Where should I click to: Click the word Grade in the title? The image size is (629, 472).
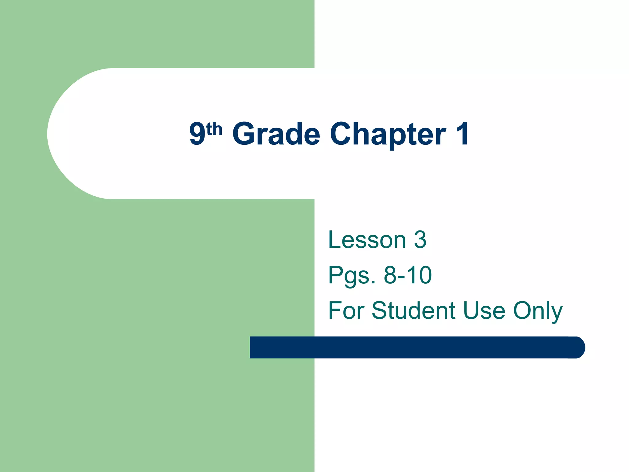(x=276, y=134)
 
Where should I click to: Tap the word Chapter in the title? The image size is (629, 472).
(x=388, y=134)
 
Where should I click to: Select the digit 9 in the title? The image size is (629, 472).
(x=197, y=134)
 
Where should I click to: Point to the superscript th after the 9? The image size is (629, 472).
(x=214, y=129)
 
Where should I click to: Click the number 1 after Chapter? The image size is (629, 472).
(x=462, y=134)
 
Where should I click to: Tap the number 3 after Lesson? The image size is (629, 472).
(x=420, y=240)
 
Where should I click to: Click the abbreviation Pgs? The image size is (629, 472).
(x=352, y=275)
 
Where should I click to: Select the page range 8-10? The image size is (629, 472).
(x=408, y=275)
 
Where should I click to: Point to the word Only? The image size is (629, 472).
(x=538, y=311)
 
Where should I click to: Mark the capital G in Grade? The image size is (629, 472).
(x=244, y=134)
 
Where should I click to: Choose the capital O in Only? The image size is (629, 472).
(x=523, y=310)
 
